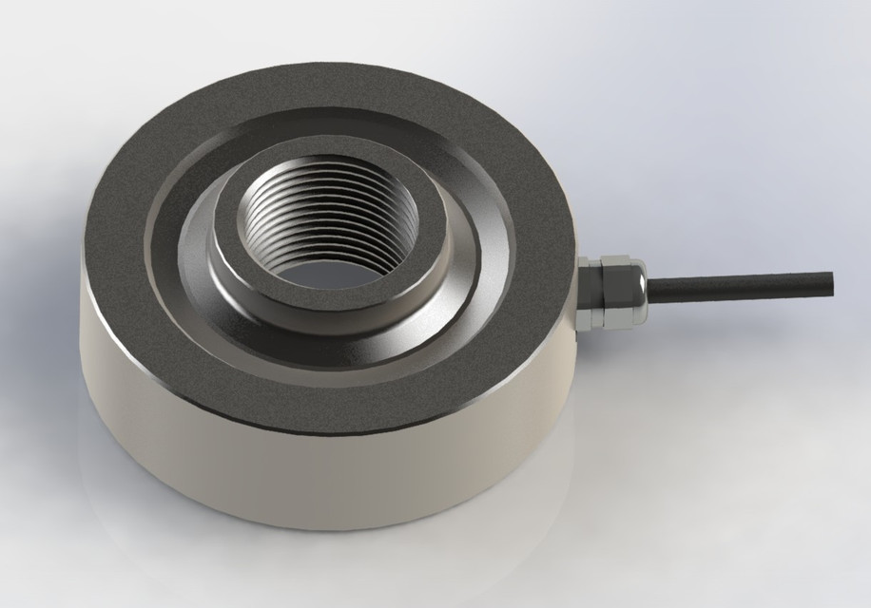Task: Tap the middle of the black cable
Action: coord(737,284)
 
